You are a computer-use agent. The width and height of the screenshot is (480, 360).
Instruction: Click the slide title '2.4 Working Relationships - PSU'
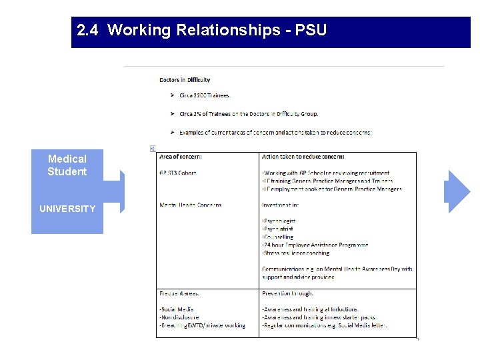click(201, 31)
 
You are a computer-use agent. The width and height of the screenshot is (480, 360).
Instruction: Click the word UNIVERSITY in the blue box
click(67, 209)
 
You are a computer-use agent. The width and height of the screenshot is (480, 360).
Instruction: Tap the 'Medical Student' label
click(67, 165)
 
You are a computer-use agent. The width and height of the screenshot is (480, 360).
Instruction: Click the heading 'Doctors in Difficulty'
click(185, 80)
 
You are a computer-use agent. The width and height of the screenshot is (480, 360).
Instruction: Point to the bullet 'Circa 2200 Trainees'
click(204, 96)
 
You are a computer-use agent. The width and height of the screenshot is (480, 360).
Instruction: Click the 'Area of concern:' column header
click(181, 157)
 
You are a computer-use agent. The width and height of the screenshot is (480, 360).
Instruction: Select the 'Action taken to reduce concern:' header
click(303, 157)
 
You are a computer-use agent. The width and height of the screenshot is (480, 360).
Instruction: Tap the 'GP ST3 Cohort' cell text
click(177, 173)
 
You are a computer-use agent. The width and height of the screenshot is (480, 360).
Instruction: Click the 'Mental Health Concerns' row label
click(190, 205)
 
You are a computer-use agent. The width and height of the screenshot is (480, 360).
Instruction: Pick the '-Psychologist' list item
click(279, 221)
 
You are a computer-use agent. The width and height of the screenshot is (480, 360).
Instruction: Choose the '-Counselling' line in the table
click(277, 237)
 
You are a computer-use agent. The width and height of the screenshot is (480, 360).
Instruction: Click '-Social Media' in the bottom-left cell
click(176, 309)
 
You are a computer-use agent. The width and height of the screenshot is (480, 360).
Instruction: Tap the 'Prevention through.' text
click(287, 293)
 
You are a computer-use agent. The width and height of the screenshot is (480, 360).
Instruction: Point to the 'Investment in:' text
click(279, 205)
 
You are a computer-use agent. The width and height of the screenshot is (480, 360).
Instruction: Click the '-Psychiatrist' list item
click(277, 229)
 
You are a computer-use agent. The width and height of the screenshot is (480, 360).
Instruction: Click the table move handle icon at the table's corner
click(153, 148)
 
